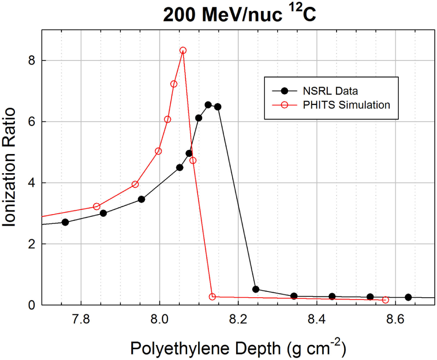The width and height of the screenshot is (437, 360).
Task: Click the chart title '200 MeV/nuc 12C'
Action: click(239, 15)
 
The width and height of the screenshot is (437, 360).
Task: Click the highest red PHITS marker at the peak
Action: click(183, 50)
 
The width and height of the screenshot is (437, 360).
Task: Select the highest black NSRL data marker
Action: click(208, 105)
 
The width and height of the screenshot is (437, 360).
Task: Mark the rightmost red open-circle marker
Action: click(386, 300)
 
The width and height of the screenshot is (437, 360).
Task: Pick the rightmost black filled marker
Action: click(408, 297)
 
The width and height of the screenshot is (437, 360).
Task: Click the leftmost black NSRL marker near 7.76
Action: click(65, 222)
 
